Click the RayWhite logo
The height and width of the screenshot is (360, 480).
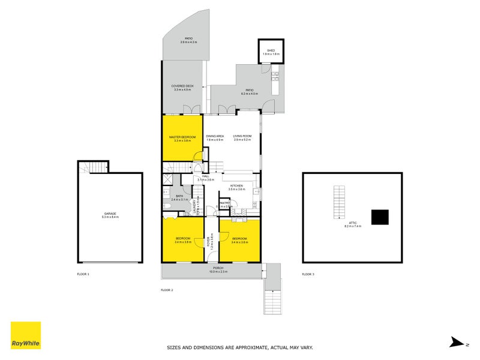(26, 335)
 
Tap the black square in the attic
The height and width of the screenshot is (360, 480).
(379, 217)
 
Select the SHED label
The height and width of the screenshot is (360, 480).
(271, 50)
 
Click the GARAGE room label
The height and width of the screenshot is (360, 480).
(110, 214)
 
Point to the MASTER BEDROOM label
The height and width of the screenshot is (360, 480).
(182, 137)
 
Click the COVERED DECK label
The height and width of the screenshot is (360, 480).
(182, 86)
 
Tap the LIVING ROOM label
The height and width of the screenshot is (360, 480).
(242, 137)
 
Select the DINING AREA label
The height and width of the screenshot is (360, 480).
(215, 137)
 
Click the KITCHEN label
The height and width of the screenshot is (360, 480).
(236, 187)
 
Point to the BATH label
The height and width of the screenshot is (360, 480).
(179, 196)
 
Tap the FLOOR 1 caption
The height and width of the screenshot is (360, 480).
(83, 274)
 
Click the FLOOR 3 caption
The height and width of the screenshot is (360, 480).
(308, 274)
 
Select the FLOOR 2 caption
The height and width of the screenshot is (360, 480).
(167, 290)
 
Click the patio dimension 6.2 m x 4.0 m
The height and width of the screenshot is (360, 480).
(250, 94)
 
